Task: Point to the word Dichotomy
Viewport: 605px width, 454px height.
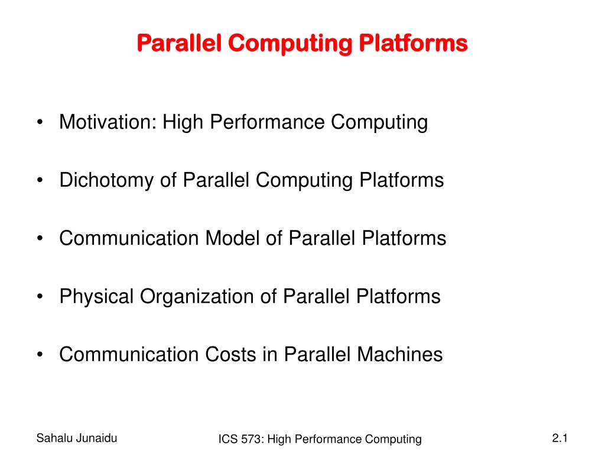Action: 107,180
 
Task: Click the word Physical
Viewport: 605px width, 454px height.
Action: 97,296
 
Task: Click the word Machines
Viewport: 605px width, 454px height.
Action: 399,354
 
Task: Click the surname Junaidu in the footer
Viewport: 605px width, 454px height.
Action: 96,438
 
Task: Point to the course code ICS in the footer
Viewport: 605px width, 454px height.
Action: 227,439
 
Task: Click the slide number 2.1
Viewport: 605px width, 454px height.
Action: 560,438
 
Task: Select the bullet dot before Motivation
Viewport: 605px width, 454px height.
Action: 40,124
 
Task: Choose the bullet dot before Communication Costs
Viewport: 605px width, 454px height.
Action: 40,355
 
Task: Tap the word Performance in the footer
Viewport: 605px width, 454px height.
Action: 328,439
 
